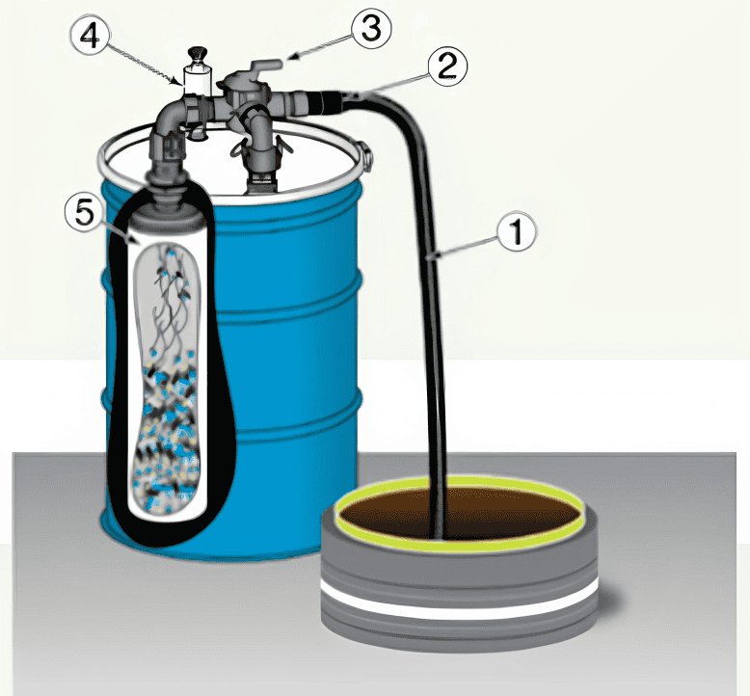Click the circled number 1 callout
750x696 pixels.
(x=517, y=233)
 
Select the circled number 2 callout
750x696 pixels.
(x=447, y=67)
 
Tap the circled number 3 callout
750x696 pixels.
(x=372, y=29)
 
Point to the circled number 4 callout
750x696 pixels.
(x=90, y=37)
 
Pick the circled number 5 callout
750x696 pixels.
(x=85, y=213)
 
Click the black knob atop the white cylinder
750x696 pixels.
(x=196, y=55)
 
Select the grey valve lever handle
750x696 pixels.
(x=264, y=66)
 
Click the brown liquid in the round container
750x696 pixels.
(x=459, y=515)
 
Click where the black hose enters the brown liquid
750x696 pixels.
(x=438, y=537)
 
